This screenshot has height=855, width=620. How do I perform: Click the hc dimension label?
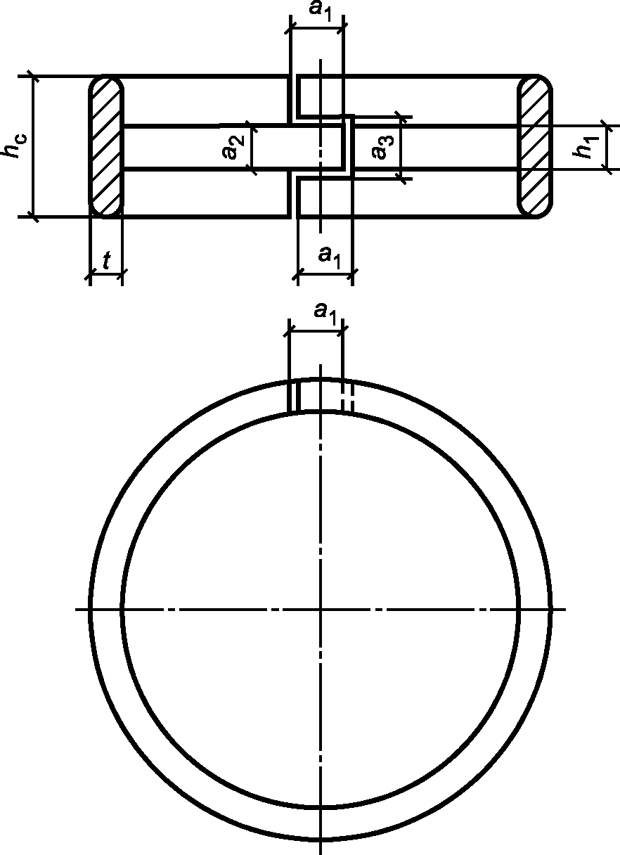point(15,146)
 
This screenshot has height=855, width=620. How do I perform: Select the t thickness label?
point(107,261)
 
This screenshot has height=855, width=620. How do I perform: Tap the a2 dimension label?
point(233,147)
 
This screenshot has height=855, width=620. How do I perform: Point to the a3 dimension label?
point(382,147)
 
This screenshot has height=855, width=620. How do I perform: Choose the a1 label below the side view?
point(329,257)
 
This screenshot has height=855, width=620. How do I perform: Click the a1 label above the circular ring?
point(325,314)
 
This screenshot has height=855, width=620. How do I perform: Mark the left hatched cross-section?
point(106,146)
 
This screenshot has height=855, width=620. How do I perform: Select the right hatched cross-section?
point(535,146)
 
